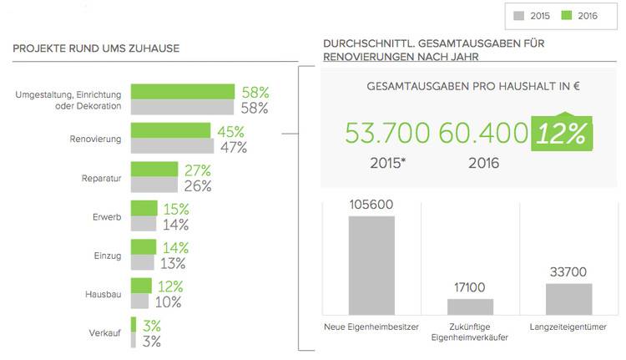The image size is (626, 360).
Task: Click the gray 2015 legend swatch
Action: click(519, 15)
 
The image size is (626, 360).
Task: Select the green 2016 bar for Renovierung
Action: click(170, 131)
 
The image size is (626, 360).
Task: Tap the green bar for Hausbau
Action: click(140, 286)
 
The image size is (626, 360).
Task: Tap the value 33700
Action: click(568, 273)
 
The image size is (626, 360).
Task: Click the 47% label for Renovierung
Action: click(233, 148)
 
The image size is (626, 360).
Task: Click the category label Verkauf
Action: click(104, 334)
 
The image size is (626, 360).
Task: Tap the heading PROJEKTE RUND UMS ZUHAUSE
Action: click(96, 48)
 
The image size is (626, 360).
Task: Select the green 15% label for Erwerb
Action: click(176, 209)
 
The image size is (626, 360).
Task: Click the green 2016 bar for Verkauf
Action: click(133, 325)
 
